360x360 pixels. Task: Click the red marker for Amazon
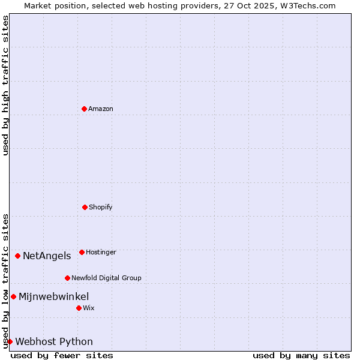coord(84,109)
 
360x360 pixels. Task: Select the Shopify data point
coord(85,207)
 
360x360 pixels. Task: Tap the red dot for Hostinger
coord(82,252)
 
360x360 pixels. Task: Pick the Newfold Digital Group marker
coord(67,278)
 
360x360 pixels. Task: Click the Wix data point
coord(79,308)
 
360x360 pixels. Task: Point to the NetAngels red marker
coord(17,256)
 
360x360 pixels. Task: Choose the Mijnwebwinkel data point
coord(13,296)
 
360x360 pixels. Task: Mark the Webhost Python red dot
coord(10,341)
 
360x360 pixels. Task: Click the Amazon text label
coord(101,109)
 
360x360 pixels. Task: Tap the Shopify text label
coord(101,207)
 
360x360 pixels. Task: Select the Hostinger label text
coord(101,252)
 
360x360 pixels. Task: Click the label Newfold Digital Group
coord(106,278)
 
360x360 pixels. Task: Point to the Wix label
coord(89,308)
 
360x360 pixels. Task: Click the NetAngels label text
coord(47,256)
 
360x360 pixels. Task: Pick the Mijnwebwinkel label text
coord(54,296)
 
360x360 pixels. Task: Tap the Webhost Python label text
coord(54,341)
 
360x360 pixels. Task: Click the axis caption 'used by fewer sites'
coord(62,355)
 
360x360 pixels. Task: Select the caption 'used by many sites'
coord(301,355)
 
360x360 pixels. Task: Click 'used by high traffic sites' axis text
coord(5,85)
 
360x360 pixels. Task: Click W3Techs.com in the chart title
coord(305,5)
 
